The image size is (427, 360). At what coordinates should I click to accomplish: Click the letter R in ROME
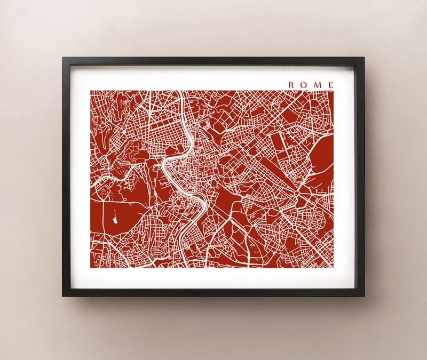point(291,84)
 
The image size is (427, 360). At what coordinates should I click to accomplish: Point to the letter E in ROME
point(331,84)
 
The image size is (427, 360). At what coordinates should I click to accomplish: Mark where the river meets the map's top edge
point(183,91)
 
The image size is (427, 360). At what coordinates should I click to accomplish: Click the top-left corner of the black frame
point(62,58)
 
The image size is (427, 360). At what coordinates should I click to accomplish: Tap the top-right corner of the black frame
point(364,58)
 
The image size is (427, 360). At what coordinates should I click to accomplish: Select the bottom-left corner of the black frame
point(62,296)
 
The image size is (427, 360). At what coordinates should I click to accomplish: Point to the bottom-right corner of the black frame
point(364,296)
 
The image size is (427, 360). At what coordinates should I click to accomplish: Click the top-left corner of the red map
point(91,91)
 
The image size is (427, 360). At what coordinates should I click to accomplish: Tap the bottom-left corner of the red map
point(91,267)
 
